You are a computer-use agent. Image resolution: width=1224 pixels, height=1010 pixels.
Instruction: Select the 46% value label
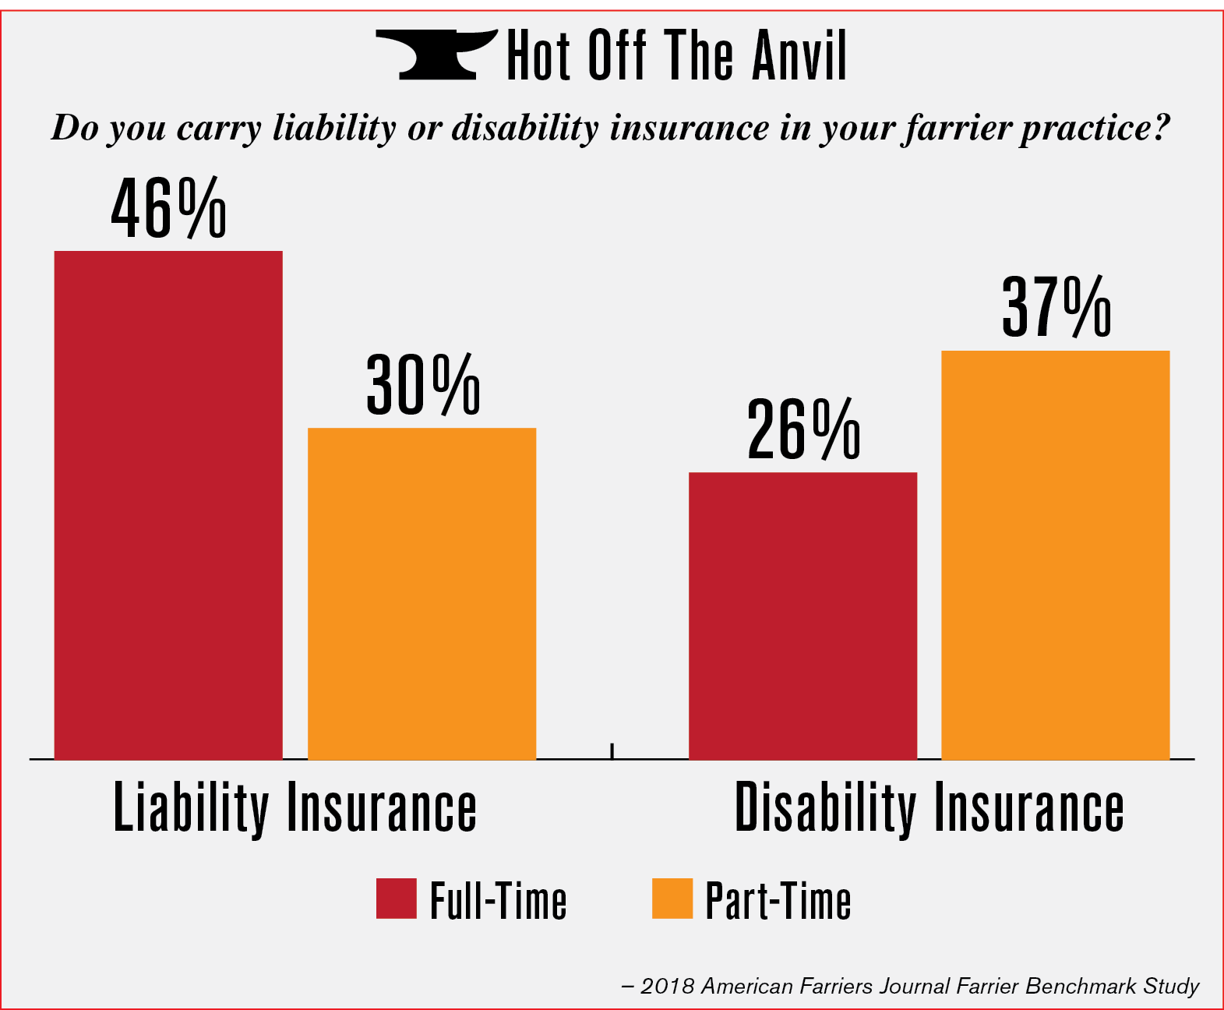coord(168,209)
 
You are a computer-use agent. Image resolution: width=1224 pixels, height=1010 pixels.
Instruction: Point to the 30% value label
coord(422,385)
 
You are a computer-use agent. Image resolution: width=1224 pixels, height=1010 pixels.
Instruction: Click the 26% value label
coord(803,430)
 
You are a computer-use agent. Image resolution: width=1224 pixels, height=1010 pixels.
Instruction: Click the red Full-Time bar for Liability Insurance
coord(168,505)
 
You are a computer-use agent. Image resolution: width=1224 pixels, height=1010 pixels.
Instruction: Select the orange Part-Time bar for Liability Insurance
coord(422,594)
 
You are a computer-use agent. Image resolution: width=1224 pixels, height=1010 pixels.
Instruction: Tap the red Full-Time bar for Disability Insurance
coord(802,616)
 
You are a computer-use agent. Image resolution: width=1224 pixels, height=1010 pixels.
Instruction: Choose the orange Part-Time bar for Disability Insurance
coord(1056,555)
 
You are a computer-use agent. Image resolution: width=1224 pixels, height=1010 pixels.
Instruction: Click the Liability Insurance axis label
coord(295,809)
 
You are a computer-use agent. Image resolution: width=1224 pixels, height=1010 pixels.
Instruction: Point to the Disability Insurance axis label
coord(929,809)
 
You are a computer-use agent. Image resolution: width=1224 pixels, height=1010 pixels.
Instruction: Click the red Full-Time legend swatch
coord(396,899)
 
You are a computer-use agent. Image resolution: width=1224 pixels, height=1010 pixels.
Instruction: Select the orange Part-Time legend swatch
coord(672,899)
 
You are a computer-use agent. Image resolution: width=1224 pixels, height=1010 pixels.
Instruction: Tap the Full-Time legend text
coord(498,902)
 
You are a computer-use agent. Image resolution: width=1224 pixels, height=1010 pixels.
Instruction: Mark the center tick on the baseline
coord(612,751)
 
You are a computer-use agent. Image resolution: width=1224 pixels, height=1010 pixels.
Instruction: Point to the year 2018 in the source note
coord(667,987)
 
